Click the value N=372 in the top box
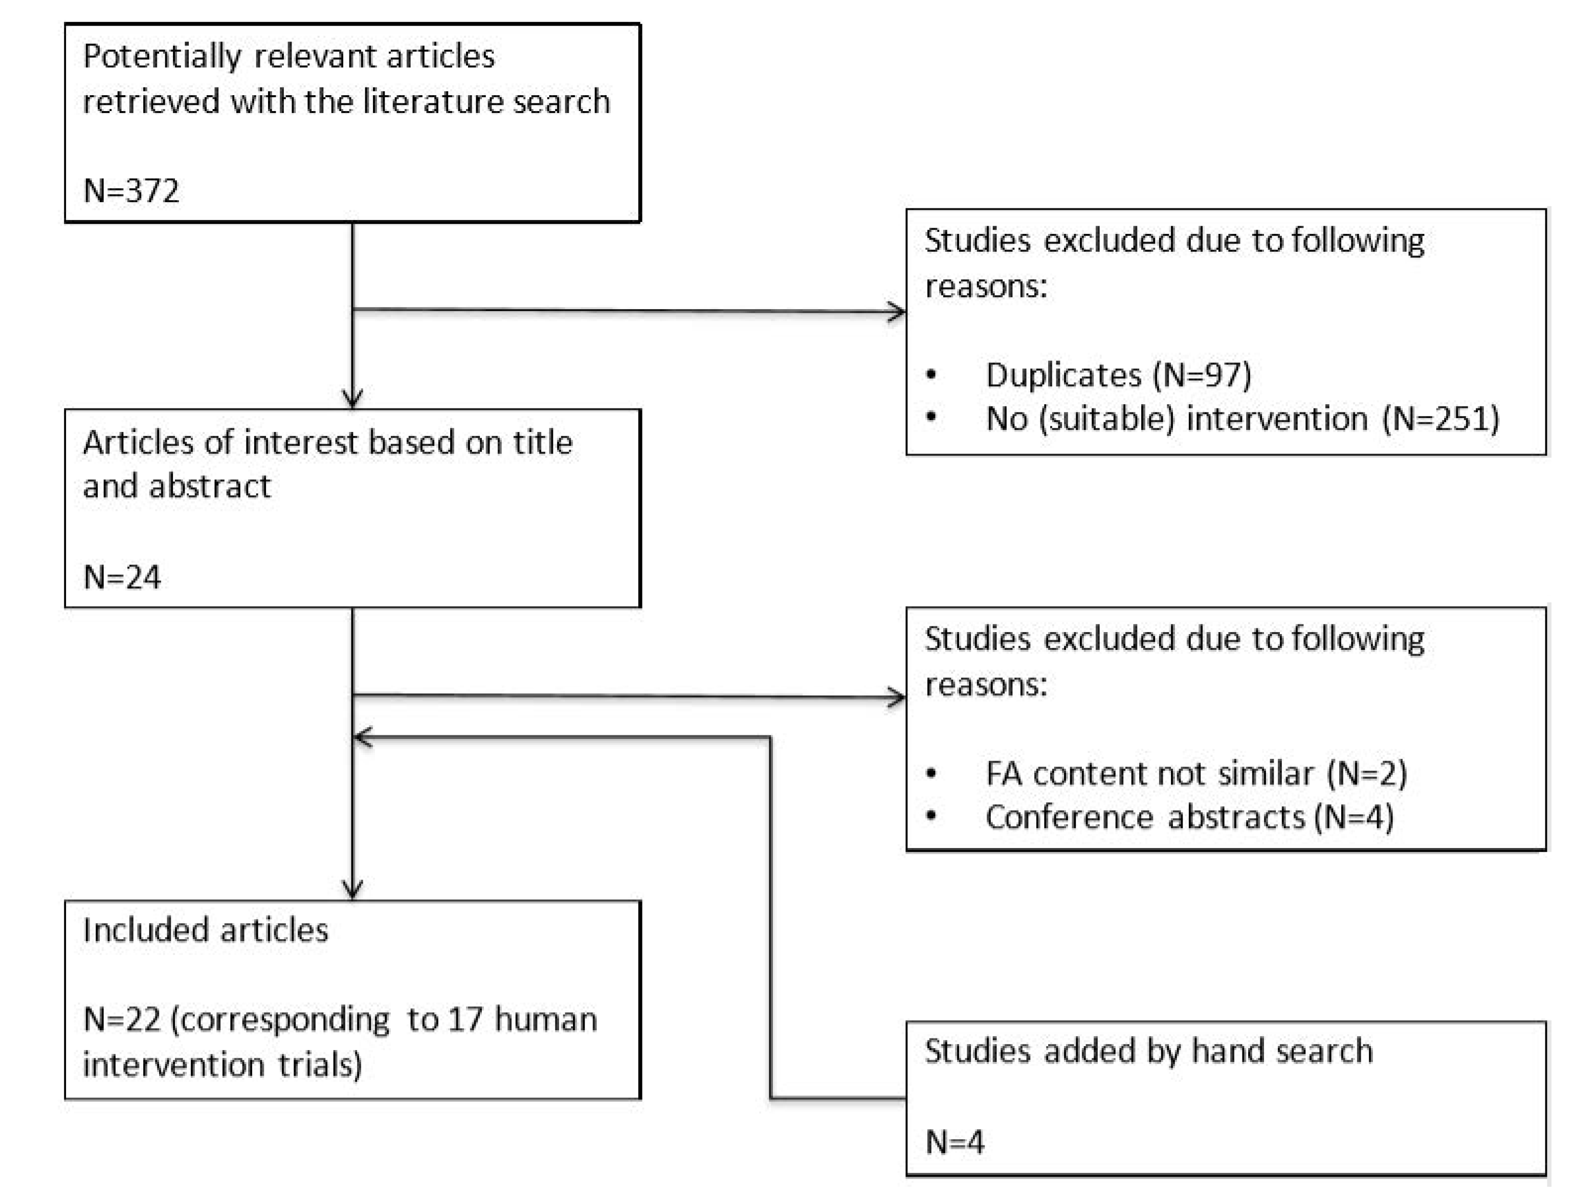[131, 191]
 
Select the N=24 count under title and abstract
[122, 576]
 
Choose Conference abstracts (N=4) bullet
[1189, 816]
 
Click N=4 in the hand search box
[954, 1142]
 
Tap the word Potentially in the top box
[162, 56]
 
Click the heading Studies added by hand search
[1148, 1051]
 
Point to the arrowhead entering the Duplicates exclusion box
[898, 312]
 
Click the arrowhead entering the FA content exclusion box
[898, 698]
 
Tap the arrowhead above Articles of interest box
[353, 399]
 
